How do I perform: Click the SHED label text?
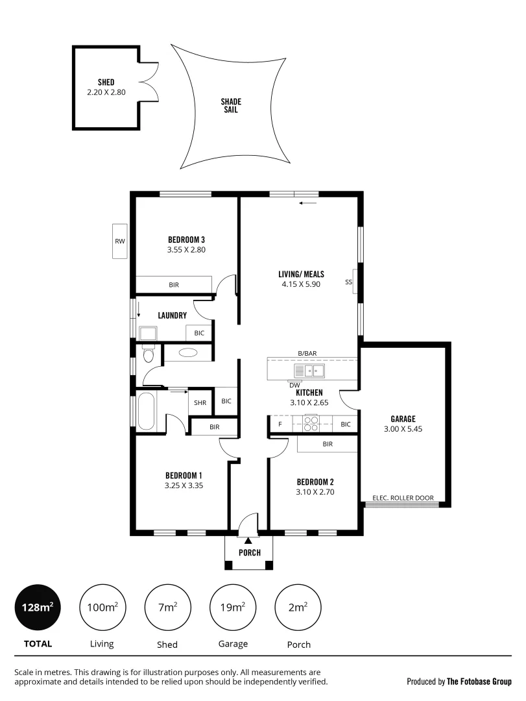click(106, 82)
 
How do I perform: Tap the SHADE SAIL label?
click(230, 106)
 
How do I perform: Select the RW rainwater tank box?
click(119, 241)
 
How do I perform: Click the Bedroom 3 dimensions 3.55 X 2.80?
click(186, 249)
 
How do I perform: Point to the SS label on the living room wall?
click(348, 282)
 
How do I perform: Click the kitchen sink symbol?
click(309, 371)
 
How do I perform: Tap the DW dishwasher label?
click(294, 384)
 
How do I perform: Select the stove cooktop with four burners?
click(311, 423)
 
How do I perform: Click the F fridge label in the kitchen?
click(280, 424)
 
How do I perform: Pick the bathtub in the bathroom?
click(146, 411)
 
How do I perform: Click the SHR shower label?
click(200, 402)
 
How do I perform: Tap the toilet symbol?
click(148, 354)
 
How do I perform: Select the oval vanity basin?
click(188, 353)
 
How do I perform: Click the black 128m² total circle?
click(36, 608)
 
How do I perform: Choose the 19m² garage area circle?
click(233, 608)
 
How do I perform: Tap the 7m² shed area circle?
click(167, 608)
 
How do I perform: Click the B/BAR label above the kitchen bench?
click(307, 353)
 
